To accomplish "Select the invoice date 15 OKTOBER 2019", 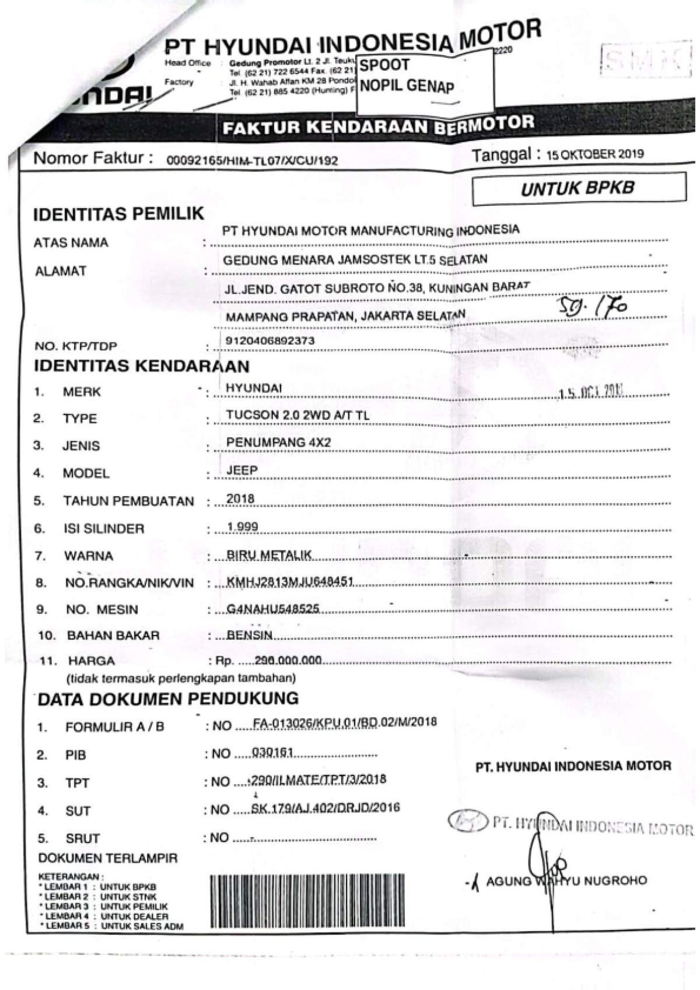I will click(594, 155).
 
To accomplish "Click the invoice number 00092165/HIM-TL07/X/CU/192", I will click(252, 161).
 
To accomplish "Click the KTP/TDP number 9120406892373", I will click(269, 340).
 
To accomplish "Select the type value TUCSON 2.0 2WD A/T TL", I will click(297, 415).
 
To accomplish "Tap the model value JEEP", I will click(242, 470).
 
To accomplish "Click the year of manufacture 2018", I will click(240, 498).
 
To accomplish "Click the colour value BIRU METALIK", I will click(269, 554).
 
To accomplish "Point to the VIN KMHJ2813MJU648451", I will click(290, 582).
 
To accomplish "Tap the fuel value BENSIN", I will click(250, 635).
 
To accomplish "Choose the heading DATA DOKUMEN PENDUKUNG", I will click(168, 698).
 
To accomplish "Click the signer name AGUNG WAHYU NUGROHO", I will click(566, 880).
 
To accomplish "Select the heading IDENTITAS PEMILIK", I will click(119, 215).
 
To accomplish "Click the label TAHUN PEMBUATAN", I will click(128, 501).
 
